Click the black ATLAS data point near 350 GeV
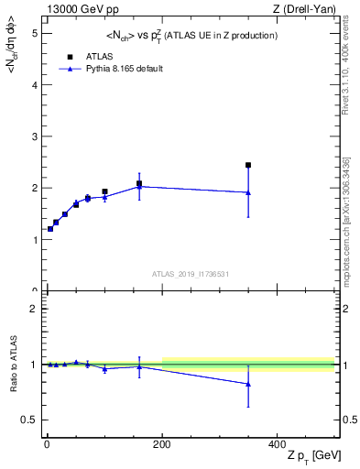(x=247, y=165)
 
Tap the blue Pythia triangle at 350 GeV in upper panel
(x=247, y=192)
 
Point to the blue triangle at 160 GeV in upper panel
(x=139, y=186)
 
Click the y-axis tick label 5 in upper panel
(x=33, y=33)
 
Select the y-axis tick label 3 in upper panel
(x=33, y=136)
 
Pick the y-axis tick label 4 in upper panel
(x=33, y=85)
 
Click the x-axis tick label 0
(x=46, y=443)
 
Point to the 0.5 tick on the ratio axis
(x=29, y=420)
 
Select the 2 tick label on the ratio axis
(x=33, y=309)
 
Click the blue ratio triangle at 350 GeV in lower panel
(x=247, y=384)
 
